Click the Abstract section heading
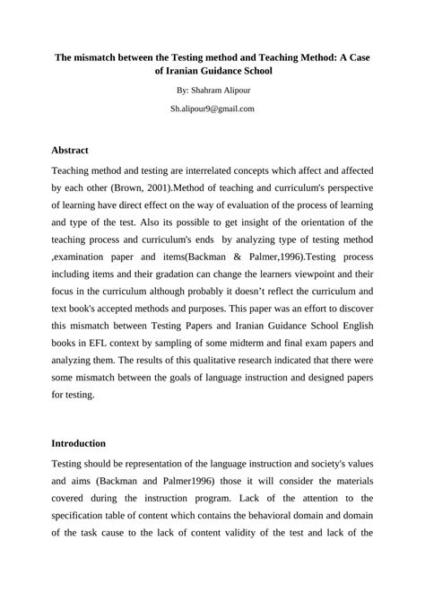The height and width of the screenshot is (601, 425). click(x=70, y=150)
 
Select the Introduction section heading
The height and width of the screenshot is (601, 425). click(x=79, y=443)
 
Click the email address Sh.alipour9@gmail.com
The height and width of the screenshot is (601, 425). click(x=212, y=109)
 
